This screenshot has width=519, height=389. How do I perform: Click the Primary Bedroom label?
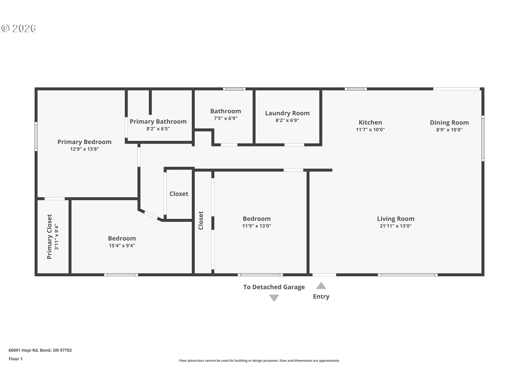(x=84, y=142)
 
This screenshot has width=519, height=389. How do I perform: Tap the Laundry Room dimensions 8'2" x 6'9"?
(x=287, y=120)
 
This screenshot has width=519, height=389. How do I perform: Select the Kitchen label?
(x=370, y=122)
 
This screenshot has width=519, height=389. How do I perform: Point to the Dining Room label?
(x=449, y=123)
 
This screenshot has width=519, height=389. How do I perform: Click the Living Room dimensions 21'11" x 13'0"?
(x=395, y=226)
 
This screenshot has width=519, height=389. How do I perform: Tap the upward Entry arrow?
(x=321, y=286)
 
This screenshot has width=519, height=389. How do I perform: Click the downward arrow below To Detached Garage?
(x=274, y=298)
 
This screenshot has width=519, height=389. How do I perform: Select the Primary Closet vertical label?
(x=49, y=237)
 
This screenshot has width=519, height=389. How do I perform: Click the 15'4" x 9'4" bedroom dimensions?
(x=122, y=246)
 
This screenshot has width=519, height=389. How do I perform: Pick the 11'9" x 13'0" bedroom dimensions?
(x=257, y=226)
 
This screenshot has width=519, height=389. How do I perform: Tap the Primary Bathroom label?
(x=158, y=122)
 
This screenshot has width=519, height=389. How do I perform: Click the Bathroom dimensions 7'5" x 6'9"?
(x=225, y=118)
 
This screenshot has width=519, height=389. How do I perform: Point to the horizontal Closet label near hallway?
(x=179, y=194)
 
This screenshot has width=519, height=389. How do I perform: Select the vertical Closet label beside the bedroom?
(x=201, y=220)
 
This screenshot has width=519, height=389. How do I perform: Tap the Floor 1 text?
(x=15, y=359)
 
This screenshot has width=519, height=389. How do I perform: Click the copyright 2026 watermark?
(x=19, y=28)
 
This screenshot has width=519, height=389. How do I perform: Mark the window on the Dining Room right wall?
(x=483, y=138)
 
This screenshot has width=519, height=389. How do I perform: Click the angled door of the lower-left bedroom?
(x=151, y=215)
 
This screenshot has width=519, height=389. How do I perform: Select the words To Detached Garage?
(x=274, y=287)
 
